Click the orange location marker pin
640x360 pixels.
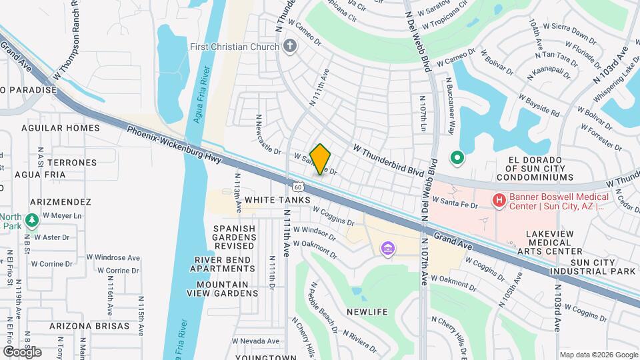(320, 159)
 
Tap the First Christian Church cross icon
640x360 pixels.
(289, 47)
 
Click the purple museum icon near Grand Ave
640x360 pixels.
(388, 249)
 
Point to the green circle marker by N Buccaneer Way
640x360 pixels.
(457, 159)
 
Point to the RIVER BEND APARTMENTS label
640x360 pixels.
(224, 264)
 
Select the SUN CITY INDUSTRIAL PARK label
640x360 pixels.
(592, 267)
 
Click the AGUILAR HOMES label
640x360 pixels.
(60, 128)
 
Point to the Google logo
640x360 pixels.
(23, 352)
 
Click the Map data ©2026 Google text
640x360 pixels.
(598, 355)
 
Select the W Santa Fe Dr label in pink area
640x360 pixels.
(455, 200)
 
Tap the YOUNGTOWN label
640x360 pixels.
(269, 357)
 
